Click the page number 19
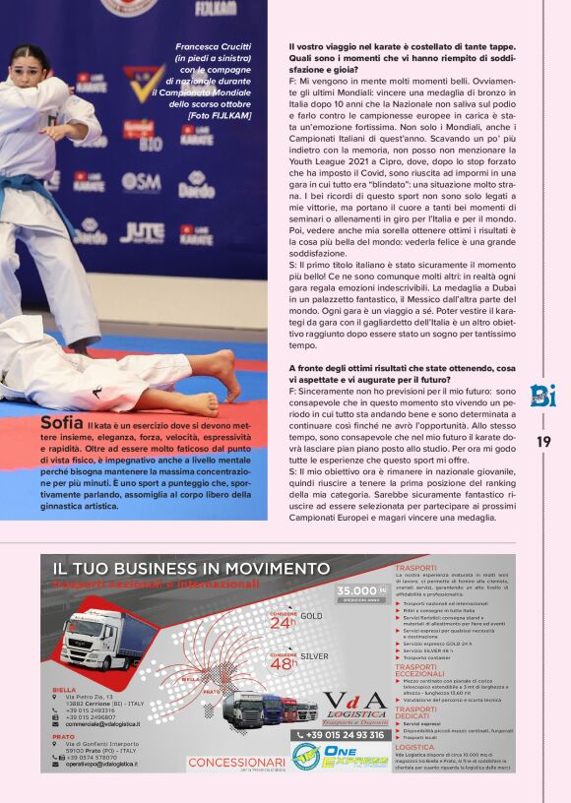point(543,442)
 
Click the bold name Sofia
point(62,423)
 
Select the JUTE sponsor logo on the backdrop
point(143,232)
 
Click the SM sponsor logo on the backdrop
point(142,182)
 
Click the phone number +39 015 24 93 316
point(340,734)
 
